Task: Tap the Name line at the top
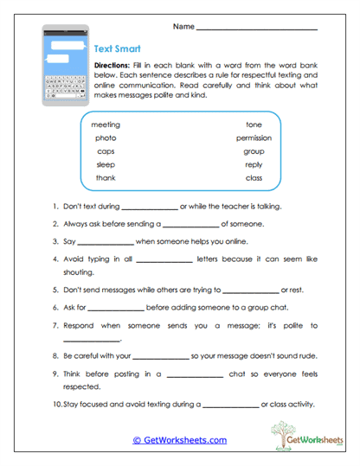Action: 256,29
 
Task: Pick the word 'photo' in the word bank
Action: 106,137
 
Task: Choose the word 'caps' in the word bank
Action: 106,150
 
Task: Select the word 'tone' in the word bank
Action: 254,124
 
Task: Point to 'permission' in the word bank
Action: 254,137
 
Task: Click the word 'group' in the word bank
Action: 254,150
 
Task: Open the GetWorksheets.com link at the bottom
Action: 180,440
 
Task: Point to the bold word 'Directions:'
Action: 112,66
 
